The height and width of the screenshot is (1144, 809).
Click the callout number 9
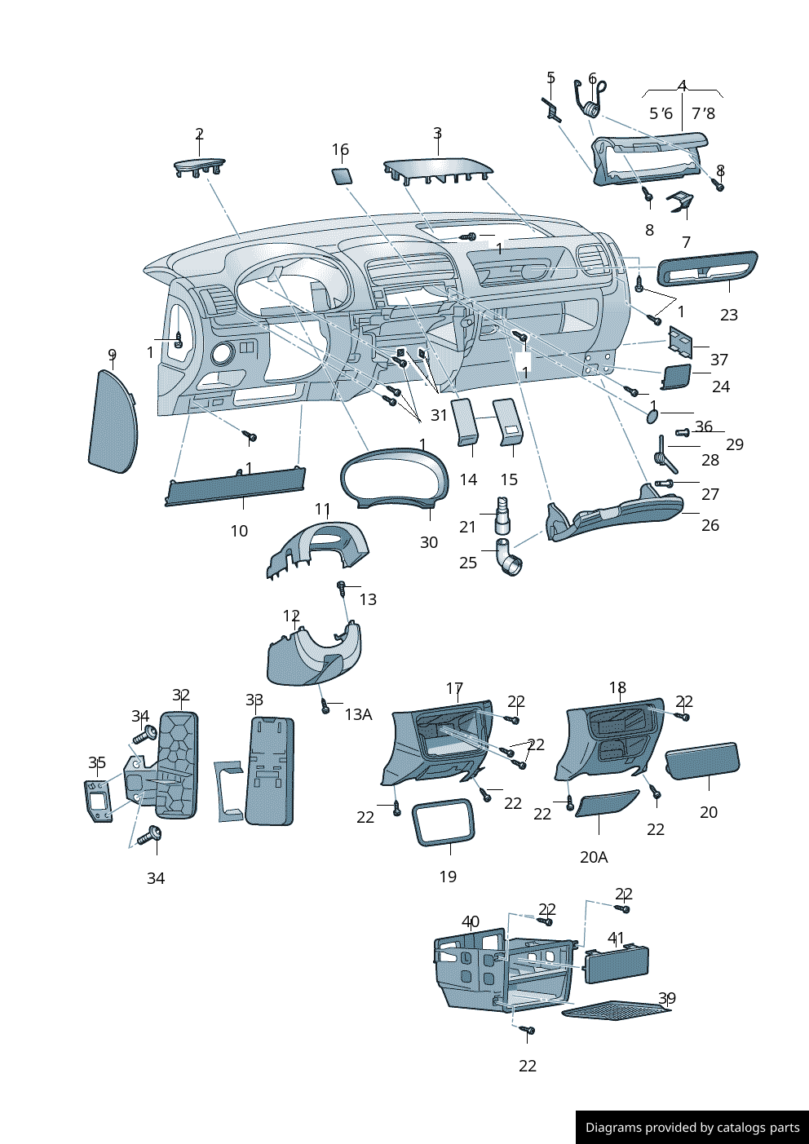tap(113, 355)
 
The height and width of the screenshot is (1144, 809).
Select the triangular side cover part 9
tap(112, 422)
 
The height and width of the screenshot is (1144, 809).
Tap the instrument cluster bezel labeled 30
tap(395, 480)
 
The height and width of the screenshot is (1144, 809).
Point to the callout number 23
tap(729, 315)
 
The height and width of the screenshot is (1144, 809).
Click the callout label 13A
tap(358, 714)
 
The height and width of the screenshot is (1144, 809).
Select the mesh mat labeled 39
tap(617, 1011)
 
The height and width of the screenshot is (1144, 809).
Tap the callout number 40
tap(471, 921)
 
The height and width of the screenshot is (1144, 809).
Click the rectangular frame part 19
tap(444, 823)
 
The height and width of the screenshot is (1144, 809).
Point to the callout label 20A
tap(594, 857)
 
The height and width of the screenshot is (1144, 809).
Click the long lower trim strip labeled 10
tap(235, 487)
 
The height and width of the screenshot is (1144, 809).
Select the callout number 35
tap(97, 762)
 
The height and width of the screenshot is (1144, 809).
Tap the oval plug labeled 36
tap(652, 416)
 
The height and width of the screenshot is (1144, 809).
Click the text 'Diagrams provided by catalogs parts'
tap(692, 1128)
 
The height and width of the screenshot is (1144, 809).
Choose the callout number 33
tap(254, 700)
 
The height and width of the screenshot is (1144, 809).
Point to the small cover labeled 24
tap(676, 377)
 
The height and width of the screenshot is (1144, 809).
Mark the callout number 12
tap(291, 616)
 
